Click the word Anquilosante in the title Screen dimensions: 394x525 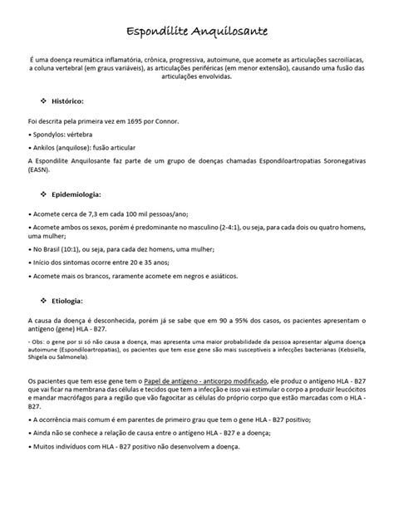pyautogui.click(x=227, y=32)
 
